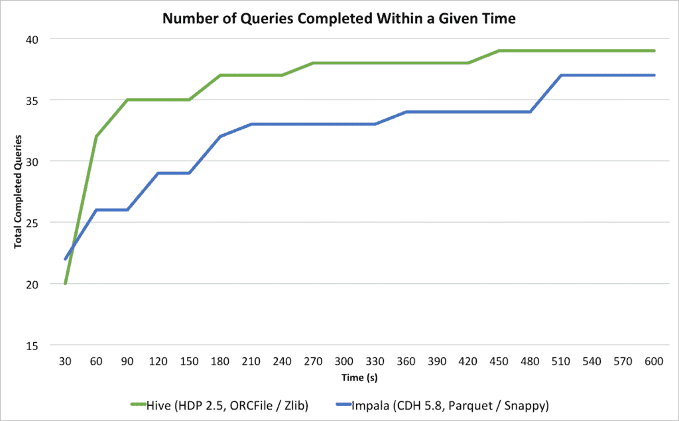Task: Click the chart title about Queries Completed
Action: (339, 19)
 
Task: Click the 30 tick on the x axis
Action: (66, 362)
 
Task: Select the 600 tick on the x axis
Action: (654, 362)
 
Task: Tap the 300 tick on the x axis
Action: (344, 362)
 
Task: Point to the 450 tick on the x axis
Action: (499, 362)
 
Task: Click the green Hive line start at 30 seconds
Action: (66, 284)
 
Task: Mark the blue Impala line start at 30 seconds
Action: (66, 259)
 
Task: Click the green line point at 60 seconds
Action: (97, 137)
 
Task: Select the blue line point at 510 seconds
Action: (562, 76)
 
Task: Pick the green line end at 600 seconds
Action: (654, 51)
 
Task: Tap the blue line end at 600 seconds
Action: (654, 76)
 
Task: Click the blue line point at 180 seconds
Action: (221, 137)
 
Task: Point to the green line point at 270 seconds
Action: (314, 63)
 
